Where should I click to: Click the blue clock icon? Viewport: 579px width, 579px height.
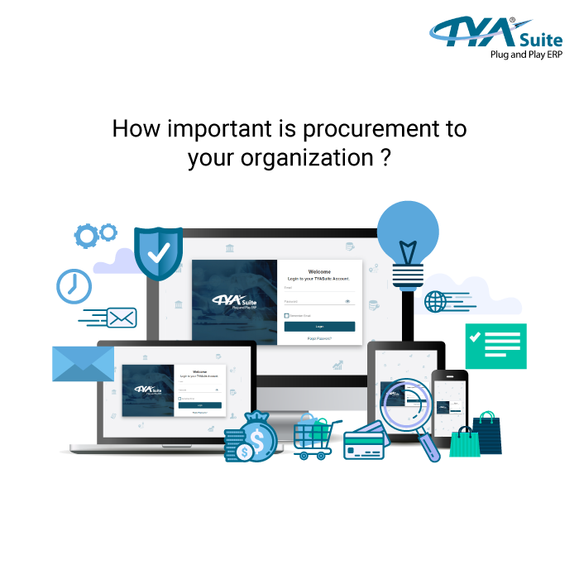[x=73, y=285]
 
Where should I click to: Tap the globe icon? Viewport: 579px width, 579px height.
[x=435, y=301]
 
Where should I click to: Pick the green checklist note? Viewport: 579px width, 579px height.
[x=495, y=346]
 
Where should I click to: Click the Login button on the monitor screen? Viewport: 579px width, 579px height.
[x=319, y=327]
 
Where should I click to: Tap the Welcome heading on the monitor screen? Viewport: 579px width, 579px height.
[x=319, y=271]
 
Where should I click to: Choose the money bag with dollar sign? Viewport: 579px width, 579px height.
[x=255, y=436]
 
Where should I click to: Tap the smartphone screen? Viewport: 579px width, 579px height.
[x=449, y=406]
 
